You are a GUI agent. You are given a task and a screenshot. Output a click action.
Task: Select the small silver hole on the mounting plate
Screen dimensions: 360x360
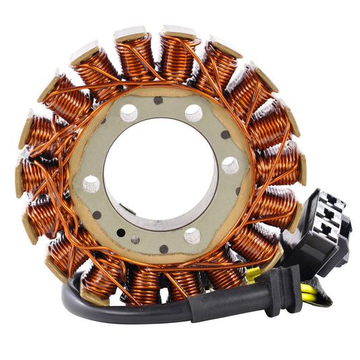click(136, 239)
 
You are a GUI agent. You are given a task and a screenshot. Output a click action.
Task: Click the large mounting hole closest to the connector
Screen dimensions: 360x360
click(230, 164)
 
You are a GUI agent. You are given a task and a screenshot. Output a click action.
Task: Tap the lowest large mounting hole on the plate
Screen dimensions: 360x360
click(192, 236)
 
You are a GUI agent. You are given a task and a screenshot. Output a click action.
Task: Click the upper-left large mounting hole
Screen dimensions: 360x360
click(129, 112)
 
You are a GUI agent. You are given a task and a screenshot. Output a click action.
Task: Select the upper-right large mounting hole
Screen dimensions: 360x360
click(194, 112)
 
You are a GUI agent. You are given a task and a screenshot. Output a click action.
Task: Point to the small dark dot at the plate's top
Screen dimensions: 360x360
click(158, 100)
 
